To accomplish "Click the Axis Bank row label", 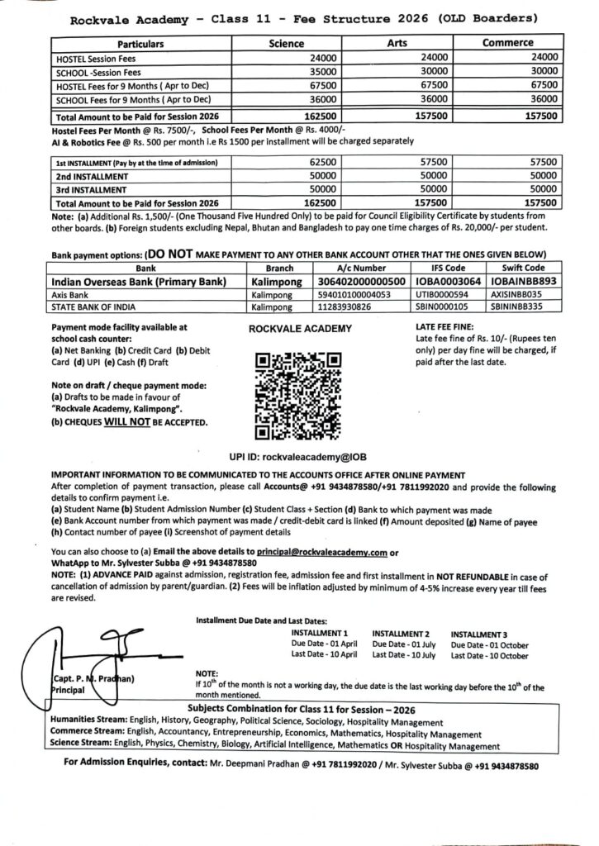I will tap(68, 293).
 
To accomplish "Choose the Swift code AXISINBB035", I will tap(515, 293).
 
